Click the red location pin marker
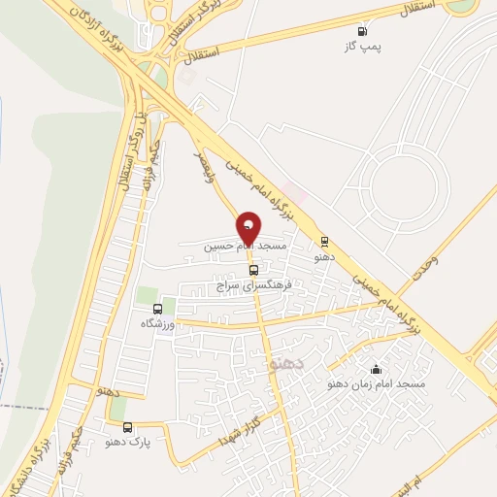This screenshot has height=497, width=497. tap(248, 229)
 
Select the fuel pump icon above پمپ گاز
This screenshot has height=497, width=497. tap(364, 30)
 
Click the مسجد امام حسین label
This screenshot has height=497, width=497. tap(246, 248)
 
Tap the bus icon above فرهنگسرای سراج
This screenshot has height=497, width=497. tap(253, 271)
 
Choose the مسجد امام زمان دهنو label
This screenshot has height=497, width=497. tap(379, 385)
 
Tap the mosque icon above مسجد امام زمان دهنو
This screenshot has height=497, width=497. tap(377, 369)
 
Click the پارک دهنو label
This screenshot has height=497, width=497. tap(126, 442)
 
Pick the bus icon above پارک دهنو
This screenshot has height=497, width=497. tap(127, 426)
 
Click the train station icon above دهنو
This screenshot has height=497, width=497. tap(324, 242)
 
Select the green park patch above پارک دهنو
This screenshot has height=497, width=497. tap(117, 410)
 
